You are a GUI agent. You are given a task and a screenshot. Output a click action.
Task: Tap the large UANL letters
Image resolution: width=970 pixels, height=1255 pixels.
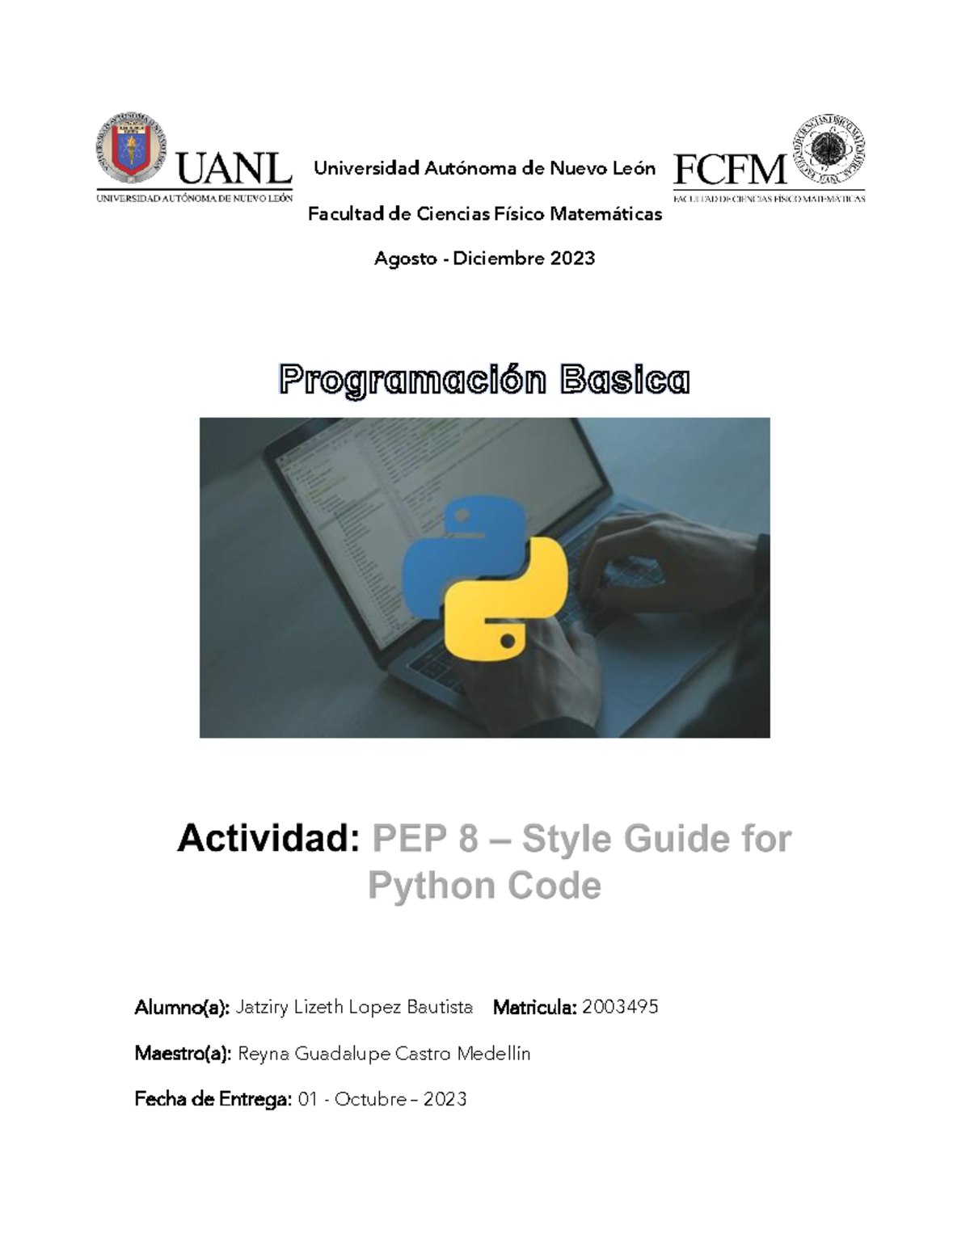coord(234,170)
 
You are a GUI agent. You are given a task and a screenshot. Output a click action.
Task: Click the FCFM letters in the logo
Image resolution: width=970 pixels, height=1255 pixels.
coord(729,171)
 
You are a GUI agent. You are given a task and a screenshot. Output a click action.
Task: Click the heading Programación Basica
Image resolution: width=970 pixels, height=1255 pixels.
coord(484,380)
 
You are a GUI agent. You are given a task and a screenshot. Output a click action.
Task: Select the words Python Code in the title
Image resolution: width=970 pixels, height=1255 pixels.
coord(484,886)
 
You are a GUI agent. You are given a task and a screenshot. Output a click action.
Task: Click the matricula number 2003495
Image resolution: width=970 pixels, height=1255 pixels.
coord(620,1007)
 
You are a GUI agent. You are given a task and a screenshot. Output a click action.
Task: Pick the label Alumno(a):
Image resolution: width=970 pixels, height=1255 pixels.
coord(182,1008)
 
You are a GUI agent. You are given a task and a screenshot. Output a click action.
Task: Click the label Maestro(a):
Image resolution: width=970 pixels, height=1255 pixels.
coord(183,1054)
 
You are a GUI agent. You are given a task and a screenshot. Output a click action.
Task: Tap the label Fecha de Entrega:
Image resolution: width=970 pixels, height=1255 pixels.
coord(213,1100)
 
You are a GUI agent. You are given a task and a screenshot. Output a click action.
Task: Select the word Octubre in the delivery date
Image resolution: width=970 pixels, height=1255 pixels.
coord(370,1100)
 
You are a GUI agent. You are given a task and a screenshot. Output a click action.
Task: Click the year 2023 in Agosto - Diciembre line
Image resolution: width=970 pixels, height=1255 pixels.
coord(572,259)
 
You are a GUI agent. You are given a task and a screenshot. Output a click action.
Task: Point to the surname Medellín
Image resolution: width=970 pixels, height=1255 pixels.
coord(494,1054)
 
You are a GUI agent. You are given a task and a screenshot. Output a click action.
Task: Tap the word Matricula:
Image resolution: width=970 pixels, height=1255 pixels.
coord(534,1008)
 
